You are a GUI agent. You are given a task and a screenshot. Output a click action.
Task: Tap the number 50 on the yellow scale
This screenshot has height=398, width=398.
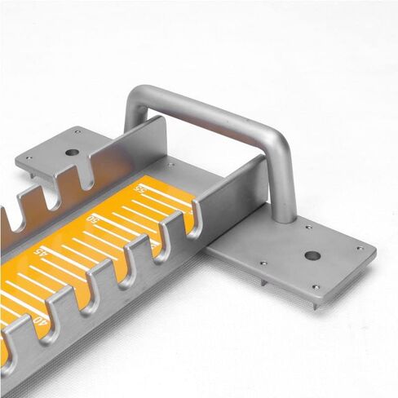pos(94,219)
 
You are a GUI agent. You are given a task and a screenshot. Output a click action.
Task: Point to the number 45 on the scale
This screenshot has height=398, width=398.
pos(42,253)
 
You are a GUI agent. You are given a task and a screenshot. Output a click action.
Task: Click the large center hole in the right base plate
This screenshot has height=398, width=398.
pos(312,255)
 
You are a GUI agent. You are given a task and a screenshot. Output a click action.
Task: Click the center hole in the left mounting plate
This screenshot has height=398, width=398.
pos(73,152)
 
